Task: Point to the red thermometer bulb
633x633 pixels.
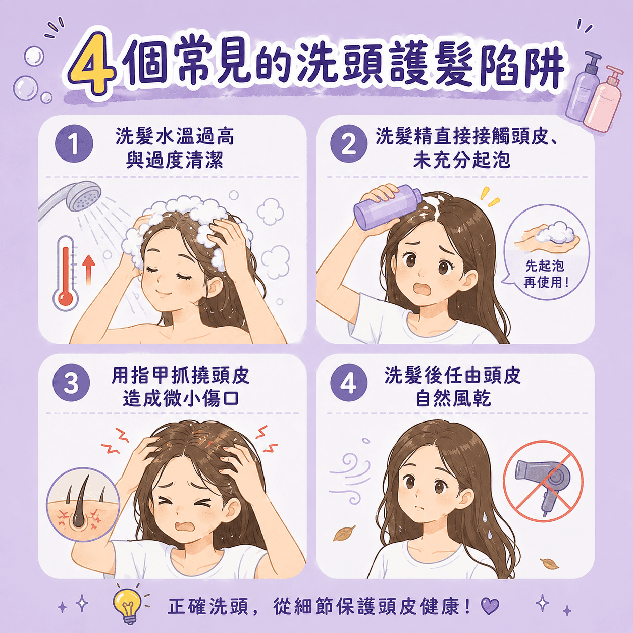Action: tap(65, 298)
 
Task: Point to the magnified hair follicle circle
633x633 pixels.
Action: tap(83, 505)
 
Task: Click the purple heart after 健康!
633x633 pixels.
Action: tap(490, 605)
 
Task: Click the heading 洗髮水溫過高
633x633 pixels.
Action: tap(175, 136)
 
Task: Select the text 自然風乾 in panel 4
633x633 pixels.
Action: tap(453, 399)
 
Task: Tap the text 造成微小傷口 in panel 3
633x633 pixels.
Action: tap(181, 399)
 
